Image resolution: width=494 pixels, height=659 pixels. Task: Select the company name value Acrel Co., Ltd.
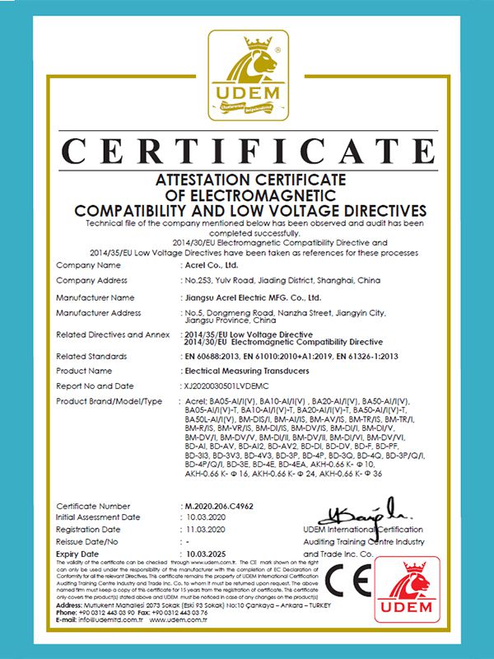tap(209, 266)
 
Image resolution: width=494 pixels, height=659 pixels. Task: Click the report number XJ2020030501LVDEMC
tap(228, 386)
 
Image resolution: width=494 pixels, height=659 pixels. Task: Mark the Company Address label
tap(91, 281)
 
